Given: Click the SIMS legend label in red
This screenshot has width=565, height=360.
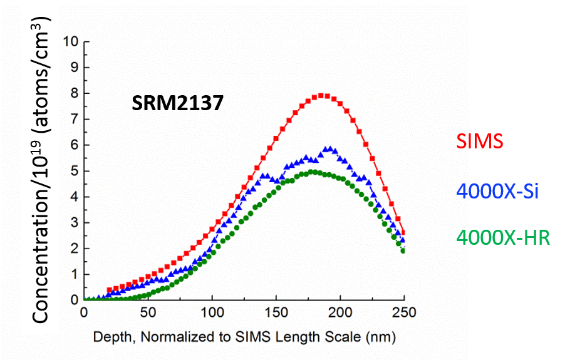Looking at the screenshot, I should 480,141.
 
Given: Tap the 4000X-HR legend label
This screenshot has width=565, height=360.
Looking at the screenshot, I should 503,238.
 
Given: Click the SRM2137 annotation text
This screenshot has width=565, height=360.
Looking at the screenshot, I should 177,103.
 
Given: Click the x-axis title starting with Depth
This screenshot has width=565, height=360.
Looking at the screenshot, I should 245,337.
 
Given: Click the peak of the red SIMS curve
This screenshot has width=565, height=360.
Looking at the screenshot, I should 323,95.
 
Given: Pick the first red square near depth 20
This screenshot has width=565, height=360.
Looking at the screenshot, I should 110,290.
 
